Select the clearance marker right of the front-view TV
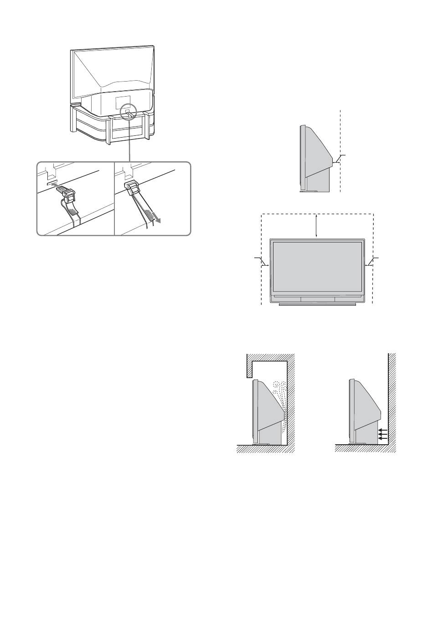coord(370,264)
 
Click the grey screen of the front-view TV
coord(317,267)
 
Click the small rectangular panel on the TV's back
coord(123,101)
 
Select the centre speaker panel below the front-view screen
coord(317,299)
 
